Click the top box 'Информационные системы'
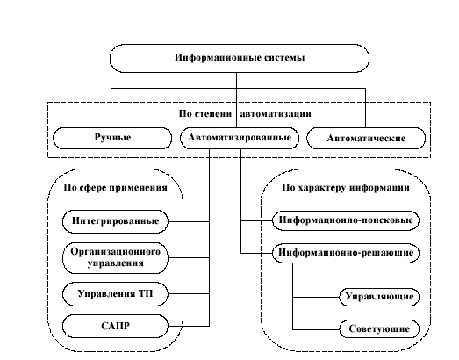click(x=240, y=58)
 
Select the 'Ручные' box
click(x=112, y=138)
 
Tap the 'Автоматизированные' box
click(x=240, y=138)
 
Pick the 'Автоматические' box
click(x=366, y=138)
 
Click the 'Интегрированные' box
click(x=115, y=221)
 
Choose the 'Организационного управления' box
click(x=115, y=258)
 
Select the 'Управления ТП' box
click(x=115, y=294)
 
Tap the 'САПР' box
click(x=115, y=326)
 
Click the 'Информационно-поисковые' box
click(x=346, y=220)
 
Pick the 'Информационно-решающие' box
click(x=346, y=253)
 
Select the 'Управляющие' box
click(x=379, y=297)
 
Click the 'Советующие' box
click(x=379, y=329)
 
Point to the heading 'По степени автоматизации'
click(x=245, y=113)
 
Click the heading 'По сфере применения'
click(x=115, y=188)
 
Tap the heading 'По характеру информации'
click(x=346, y=188)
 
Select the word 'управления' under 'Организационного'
click(x=116, y=263)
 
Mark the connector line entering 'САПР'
click(x=189, y=326)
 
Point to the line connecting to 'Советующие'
click(x=316, y=329)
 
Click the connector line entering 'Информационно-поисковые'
click(x=257, y=221)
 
